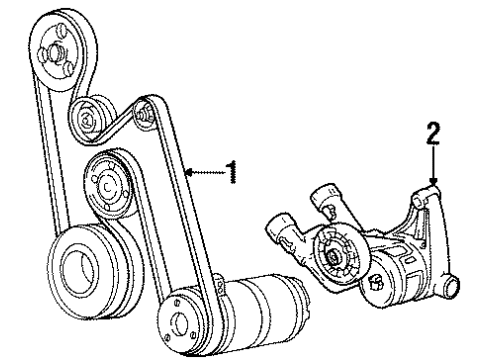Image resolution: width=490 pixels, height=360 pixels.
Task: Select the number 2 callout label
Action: [432, 132]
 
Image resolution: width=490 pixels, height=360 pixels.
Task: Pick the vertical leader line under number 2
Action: [432, 160]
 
